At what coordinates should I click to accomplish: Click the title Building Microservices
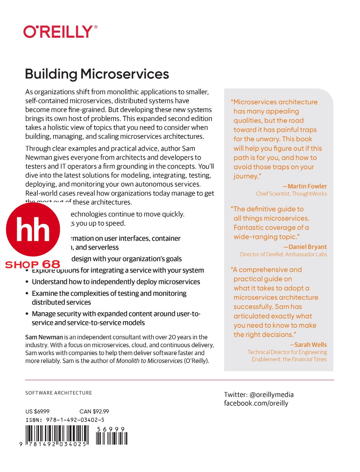97,74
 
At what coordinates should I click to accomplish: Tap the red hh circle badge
33,229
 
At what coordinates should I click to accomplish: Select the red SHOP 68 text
33,264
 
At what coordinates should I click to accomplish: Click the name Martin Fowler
307,186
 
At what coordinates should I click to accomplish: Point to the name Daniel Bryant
308,247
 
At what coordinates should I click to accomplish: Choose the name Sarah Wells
310,345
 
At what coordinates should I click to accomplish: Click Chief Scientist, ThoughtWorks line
291,194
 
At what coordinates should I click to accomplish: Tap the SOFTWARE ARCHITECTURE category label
59,393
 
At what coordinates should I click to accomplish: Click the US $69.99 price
37,411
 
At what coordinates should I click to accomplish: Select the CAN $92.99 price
94,411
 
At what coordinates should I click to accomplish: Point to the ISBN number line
65,420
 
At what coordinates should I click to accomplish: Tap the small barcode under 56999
111,438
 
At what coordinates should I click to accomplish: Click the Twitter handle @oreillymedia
271,395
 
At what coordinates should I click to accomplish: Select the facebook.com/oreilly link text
256,403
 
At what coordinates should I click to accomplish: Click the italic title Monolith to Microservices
149,361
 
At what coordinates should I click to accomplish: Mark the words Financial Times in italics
309,359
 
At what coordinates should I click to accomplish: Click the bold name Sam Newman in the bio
44,337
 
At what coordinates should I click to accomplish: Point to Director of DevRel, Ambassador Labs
283,254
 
